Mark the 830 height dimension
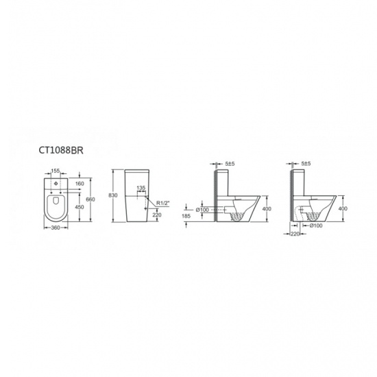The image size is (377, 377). coord(114,195)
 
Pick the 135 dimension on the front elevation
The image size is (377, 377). coord(141,186)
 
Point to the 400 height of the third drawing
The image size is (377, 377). coord(267,208)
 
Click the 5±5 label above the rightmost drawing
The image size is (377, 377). coord(305,165)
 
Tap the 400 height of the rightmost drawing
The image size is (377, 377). coord(342,208)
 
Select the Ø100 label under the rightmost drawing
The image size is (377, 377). coord(317,225)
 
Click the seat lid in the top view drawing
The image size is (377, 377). coord(56,206)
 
